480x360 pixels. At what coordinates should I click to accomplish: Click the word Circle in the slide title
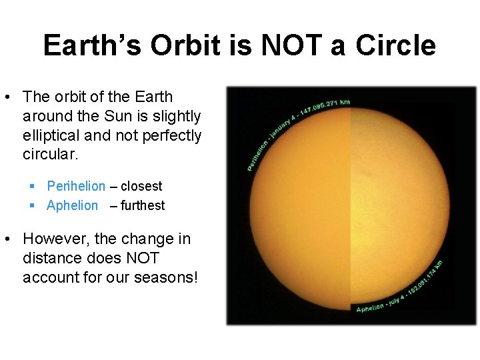point(395,46)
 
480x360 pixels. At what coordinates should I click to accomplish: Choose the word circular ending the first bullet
point(50,155)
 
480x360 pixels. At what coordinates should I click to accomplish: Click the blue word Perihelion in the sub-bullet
point(76,186)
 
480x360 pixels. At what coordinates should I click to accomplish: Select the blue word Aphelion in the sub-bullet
point(72,205)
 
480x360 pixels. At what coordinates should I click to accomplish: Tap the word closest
point(141,186)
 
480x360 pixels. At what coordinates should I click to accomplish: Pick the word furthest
point(143,205)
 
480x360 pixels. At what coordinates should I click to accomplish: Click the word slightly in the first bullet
point(176,116)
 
